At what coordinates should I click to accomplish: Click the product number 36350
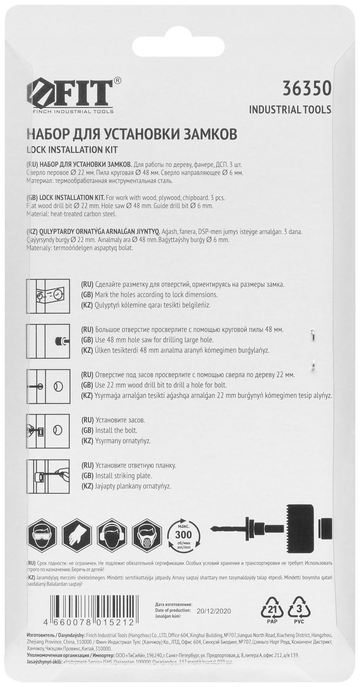pyautogui.click(x=307, y=89)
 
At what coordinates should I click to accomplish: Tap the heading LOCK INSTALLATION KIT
pyautogui.click(x=72, y=150)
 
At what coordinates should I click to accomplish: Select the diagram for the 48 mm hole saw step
pyautogui.click(x=48, y=340)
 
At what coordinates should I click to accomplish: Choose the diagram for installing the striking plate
pyautogui.click(x=48, y=476)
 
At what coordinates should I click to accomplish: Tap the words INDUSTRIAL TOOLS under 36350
pyautogui.click(x=290, y=109)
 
